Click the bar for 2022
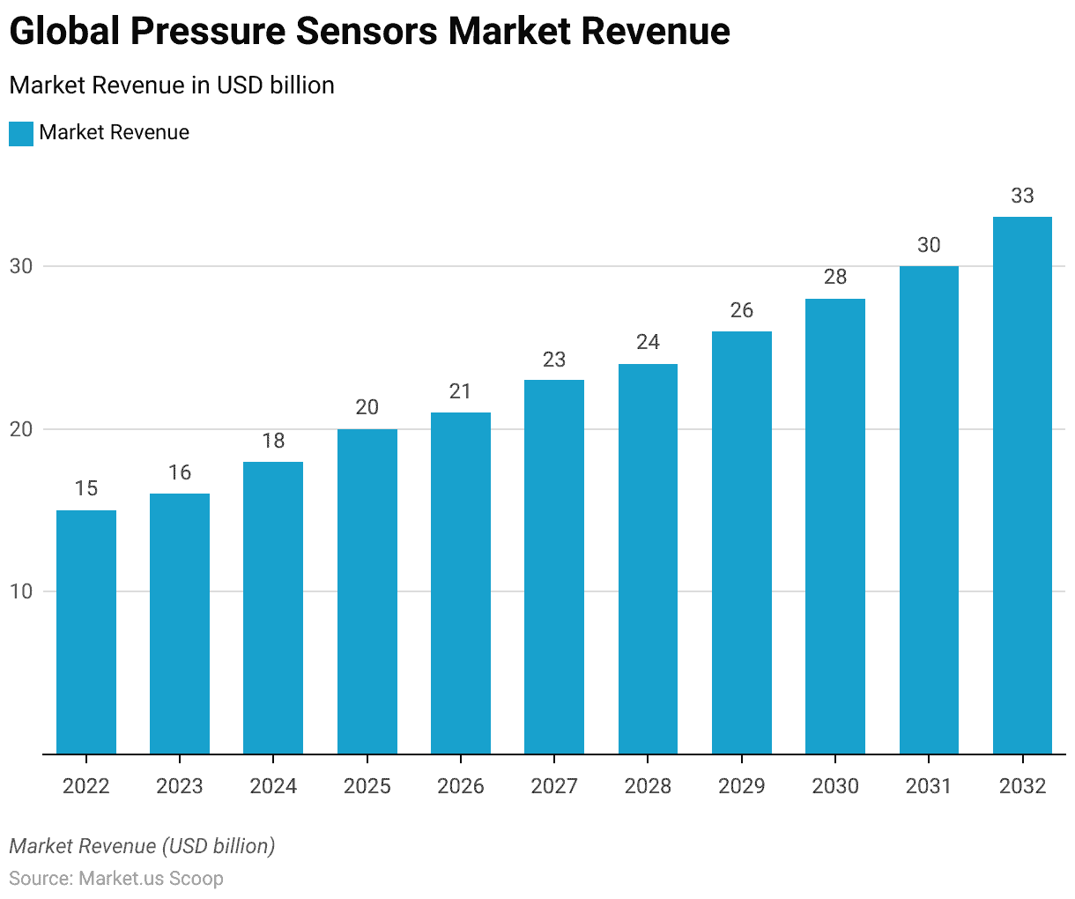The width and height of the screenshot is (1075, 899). (x=86, y=632)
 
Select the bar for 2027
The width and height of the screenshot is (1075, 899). (x=554, y=567)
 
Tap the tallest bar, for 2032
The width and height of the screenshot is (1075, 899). (x=1022, y=485)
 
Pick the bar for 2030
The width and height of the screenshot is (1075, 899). (x=835, y=526)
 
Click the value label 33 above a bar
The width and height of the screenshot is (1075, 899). (x=1022, y=196)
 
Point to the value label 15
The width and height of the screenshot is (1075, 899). (x=86, y=488)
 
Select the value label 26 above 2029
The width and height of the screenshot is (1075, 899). (x=742, y=310)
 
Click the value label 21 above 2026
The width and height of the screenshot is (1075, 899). (x=461, y=391)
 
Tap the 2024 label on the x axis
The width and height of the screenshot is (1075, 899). (x=273, y=786)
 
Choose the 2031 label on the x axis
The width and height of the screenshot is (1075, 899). (x=929, y=786)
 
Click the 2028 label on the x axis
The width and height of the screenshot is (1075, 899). (x=648, y=786)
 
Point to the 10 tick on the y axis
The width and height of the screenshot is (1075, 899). (x=21, y=591)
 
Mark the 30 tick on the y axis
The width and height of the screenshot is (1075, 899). (x=21, y=266)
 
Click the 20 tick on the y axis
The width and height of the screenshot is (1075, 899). (x=21, y=429)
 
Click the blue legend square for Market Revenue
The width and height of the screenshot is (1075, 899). (x=21, y=133)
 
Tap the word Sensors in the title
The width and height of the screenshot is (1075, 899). (x=365, y=32)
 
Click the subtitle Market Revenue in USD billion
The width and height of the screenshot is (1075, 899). (x=172, y=85)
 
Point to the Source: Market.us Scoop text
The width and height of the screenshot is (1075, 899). (x=116, y=879)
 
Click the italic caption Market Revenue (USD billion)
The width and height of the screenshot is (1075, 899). (x=142, y=846)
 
